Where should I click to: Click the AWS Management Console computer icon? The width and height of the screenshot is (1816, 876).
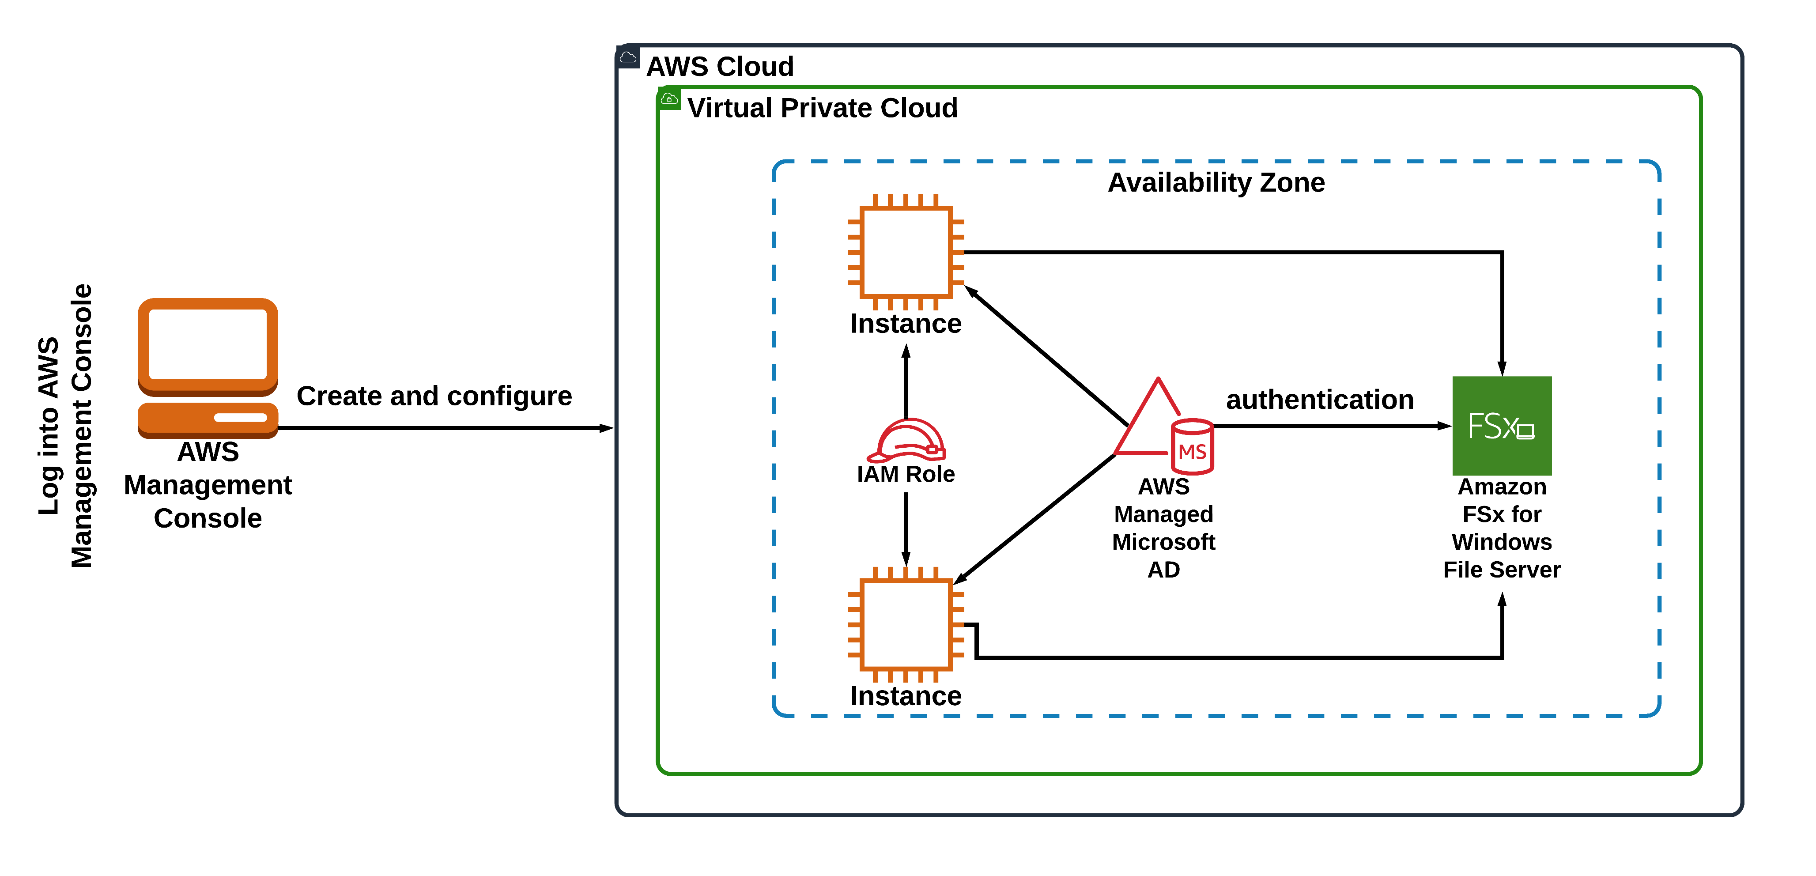[x=208, y=366]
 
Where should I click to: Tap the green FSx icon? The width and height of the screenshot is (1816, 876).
[x=1502, y=426]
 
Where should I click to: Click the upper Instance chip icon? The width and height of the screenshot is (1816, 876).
[x=906, y=252]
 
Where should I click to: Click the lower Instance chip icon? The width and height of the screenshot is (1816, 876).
[x=906, y=624]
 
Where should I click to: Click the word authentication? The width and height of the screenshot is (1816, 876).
[x=1320, y=400]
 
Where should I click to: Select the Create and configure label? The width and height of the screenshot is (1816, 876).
[x=434, y=396]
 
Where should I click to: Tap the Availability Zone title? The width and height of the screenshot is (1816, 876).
[x=1216, y=182]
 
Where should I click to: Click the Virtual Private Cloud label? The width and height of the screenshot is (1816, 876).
[x=822, y=108]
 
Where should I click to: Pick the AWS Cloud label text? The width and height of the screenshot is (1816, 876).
[x=720, y=66]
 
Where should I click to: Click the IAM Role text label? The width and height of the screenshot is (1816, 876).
[x=906, y=474]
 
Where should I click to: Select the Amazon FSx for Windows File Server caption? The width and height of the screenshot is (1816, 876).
[x=1502, y=528]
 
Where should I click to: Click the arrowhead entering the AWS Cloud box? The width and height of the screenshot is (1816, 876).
[x=606, y=428]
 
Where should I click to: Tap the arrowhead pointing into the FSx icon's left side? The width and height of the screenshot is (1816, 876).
[x=1444, y=426]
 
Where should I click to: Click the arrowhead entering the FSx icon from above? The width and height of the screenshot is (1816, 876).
[x=1502, y=369]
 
